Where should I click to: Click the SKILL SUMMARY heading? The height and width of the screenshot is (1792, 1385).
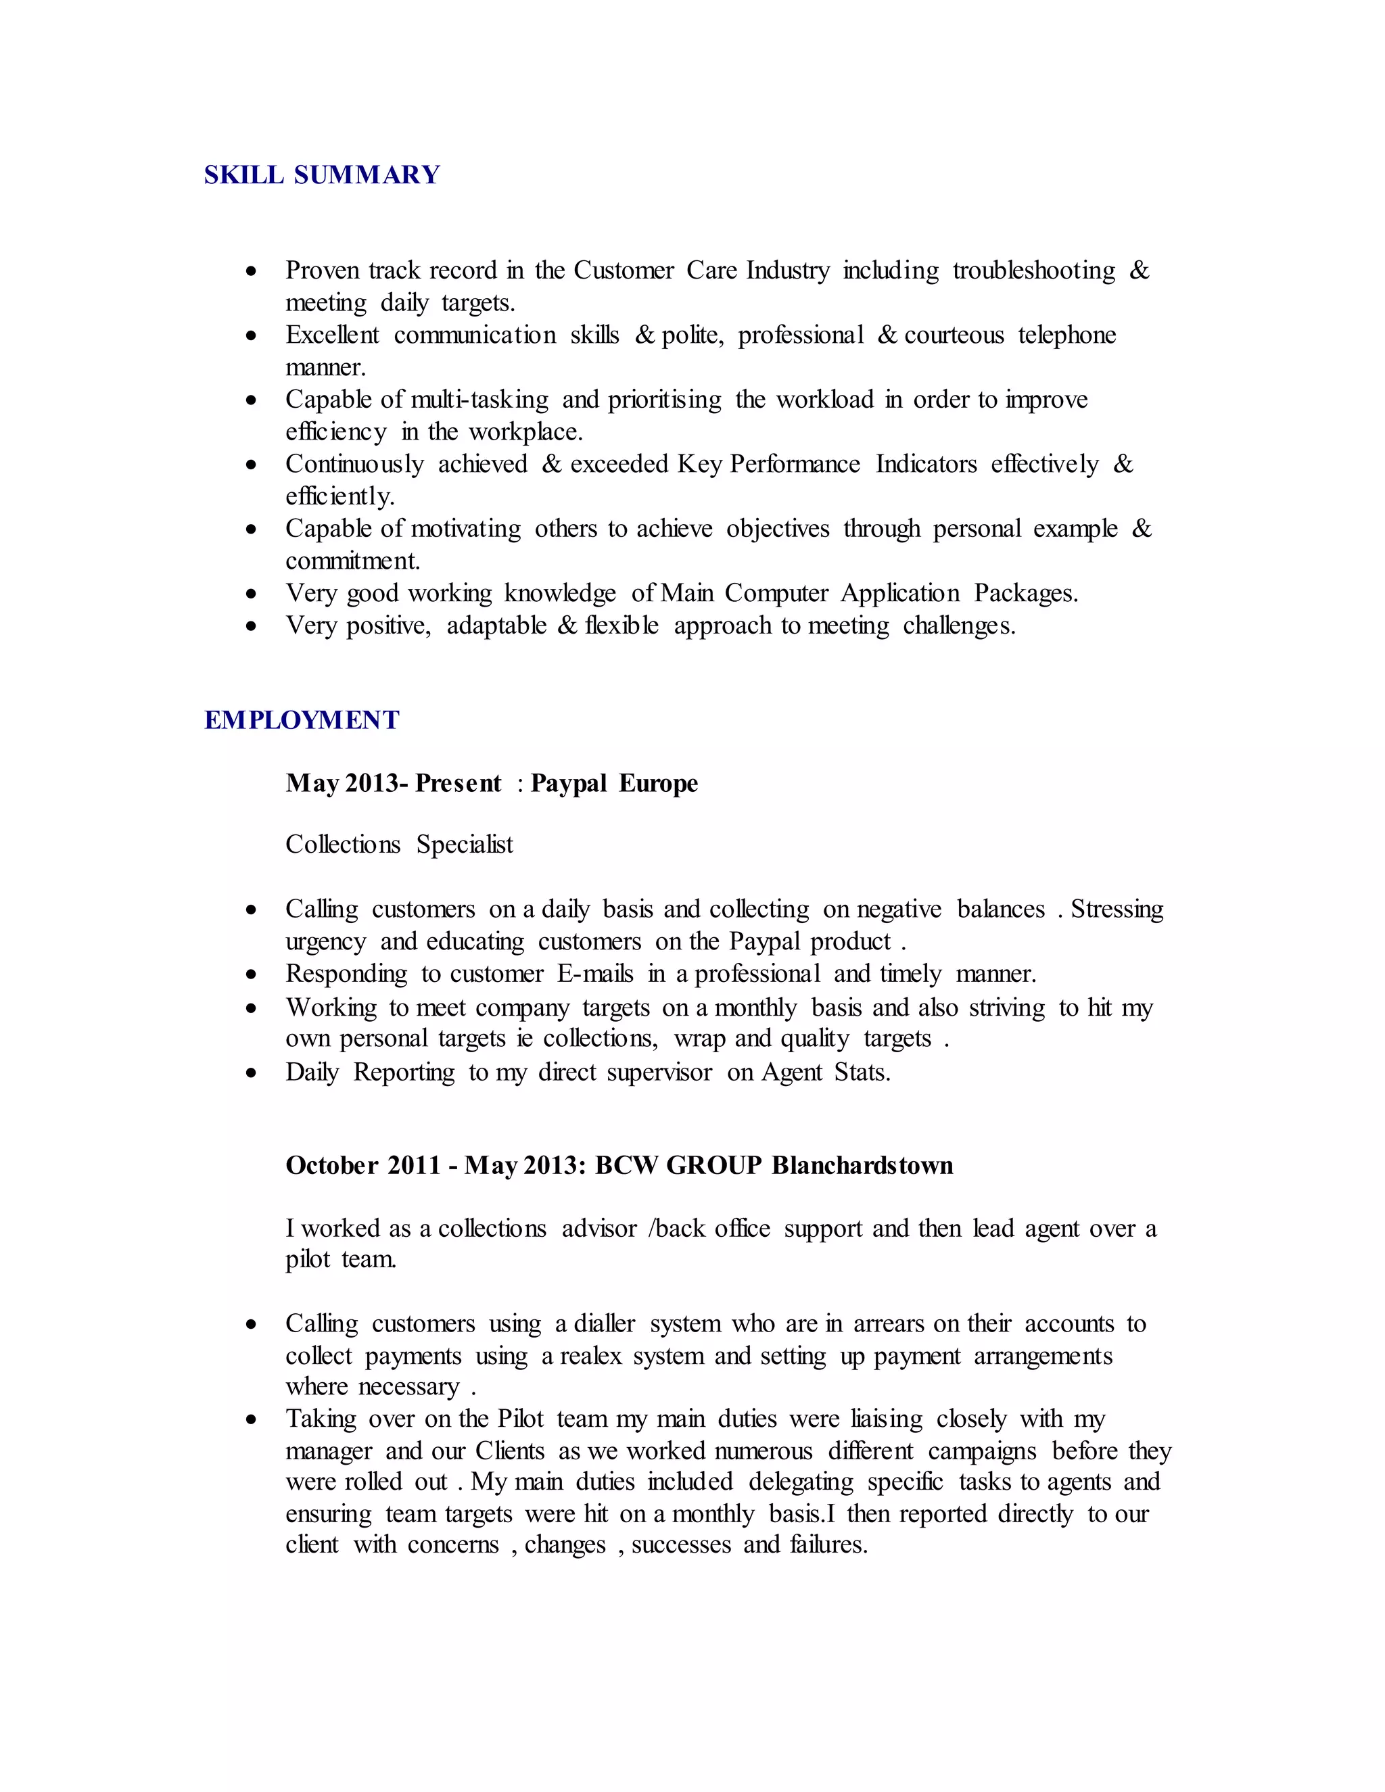pos(322,174)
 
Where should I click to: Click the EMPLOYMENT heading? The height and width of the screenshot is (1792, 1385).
pos(301,720)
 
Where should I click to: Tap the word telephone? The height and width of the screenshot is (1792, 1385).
pos(1066,335)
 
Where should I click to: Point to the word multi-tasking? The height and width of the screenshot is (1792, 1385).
pos(479,400)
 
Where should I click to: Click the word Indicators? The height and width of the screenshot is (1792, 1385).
pos(926,465)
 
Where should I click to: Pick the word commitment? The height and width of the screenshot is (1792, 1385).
pos(352,561)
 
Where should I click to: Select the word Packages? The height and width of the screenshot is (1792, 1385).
pos(1026,593)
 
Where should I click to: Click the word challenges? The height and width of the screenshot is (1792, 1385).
pos(958,626)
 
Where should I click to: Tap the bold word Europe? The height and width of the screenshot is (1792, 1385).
pos(658,784)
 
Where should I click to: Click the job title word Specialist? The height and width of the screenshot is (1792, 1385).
pos(465,845)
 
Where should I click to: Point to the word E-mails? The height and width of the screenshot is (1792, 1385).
pos(595,974)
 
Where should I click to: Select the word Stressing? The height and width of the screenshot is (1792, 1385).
pos(1117,909)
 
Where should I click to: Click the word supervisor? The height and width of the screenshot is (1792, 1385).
pos(659,1072)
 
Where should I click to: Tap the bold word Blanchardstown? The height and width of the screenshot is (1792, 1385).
pos(862,1166)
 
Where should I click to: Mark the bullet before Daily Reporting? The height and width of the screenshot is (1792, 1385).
pos(251,1073)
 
